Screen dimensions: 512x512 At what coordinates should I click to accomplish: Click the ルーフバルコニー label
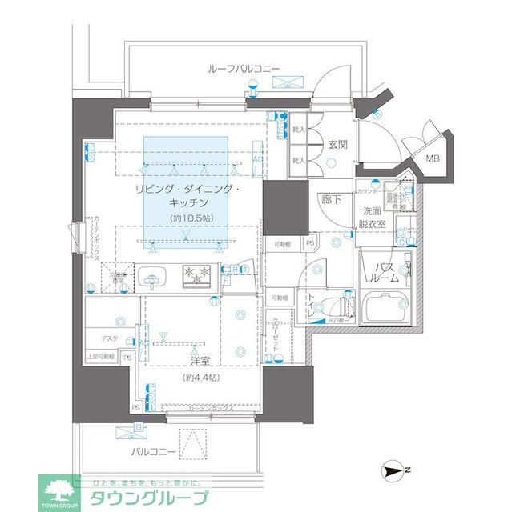[x=243, y=70]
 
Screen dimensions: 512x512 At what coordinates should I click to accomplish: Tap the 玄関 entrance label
[x=337, y=145]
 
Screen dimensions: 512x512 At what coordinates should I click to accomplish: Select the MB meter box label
[x=433, y=158]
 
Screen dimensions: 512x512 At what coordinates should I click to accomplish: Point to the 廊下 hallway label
[x=331, y=199]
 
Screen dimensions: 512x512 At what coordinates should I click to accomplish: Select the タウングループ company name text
[x=148, y=498]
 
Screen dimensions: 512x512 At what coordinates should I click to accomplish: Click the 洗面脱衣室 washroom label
[x=373, y=218]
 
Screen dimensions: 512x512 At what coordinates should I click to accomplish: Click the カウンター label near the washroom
[x=368, y=192]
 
